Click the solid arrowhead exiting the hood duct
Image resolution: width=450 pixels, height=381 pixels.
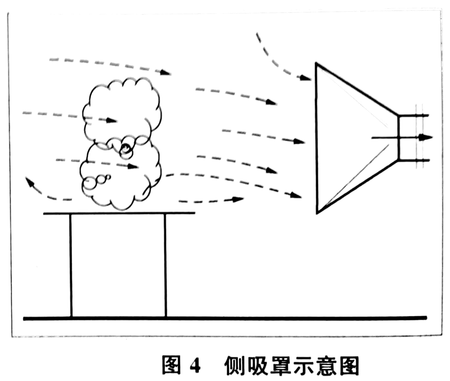coord(427,137)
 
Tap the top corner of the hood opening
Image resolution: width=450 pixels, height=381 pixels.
coord(316,64)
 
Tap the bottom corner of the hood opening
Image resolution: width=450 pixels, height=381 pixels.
coord(317,213)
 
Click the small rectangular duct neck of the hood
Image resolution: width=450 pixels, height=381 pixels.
coord(406,137)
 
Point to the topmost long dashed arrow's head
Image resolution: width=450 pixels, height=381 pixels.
coord(166,72)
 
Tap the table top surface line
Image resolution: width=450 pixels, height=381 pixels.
coord(119,213)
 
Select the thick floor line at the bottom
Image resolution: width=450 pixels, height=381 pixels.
coord(225,319)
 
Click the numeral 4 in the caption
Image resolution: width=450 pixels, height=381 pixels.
coord(195,366)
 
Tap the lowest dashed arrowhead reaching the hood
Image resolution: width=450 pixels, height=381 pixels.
coord(296,195)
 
